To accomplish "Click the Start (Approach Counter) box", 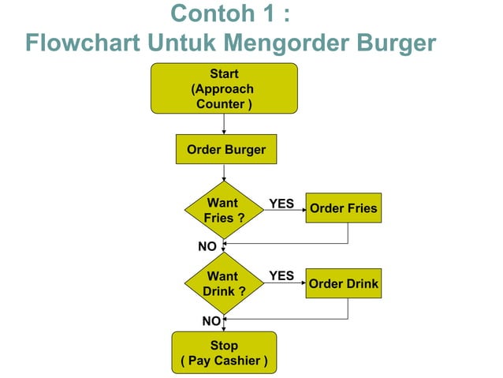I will click(x=224, y=89).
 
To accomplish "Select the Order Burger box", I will click(x=225, y=149).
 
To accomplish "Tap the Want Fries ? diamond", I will click(x=223, y=210).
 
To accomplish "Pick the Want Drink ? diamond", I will click(x=223, y=283).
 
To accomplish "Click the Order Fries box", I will click(x=343, y=209).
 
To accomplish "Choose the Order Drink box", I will click(x=343, y=284).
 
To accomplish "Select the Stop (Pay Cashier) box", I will click(x=224, y=354).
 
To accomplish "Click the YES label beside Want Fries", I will click(x=281, y=204).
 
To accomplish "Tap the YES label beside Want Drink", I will click(x=281, y=275).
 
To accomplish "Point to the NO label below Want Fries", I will click(x=207, y=246).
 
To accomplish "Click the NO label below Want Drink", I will click(x=211, y=320).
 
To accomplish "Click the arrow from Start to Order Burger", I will click(x=224, y=124).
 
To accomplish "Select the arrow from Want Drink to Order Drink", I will click(x=283, y=286).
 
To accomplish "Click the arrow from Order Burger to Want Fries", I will click(x=224, y=174).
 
